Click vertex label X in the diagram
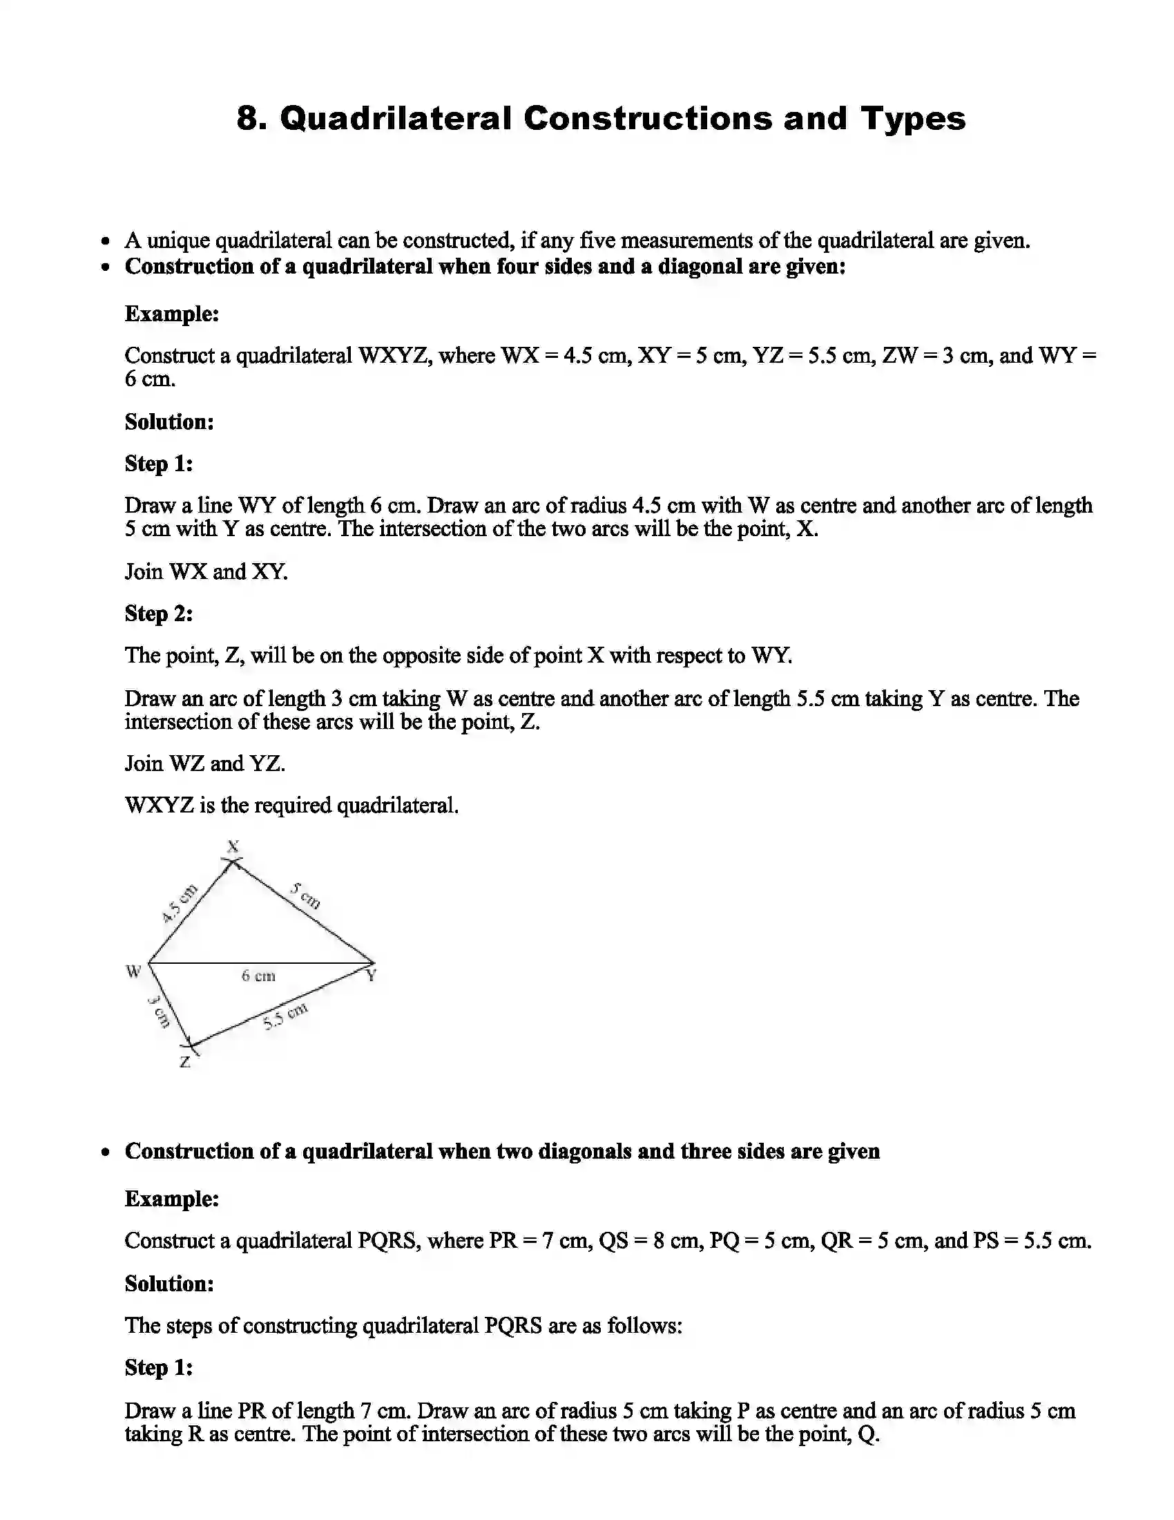point(233,846)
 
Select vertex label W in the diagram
point(133,971)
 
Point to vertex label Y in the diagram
point(372,976)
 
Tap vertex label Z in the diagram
point(185,1063)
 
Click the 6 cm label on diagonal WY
point(258,976)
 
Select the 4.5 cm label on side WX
point(180,904)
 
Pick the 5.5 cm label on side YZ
point(285,1018)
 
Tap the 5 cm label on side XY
point(306,895)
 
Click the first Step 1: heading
point(159,464)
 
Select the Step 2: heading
point(159,613)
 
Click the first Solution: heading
point(169,421)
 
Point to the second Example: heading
point(172,1199)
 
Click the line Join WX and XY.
point(206,571)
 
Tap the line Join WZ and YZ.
point(204,763)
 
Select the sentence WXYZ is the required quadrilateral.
point(291,805)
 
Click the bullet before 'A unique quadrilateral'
point(105,242)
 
